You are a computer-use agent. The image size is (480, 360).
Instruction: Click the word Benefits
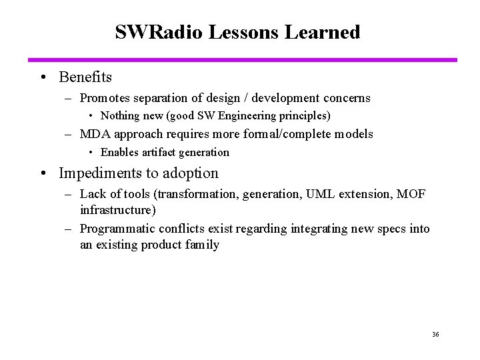coord(85,77)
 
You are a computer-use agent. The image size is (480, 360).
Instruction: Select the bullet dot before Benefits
coord(43,78)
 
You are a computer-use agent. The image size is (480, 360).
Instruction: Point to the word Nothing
coord(121,116)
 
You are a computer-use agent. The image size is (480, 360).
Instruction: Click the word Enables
coord(121,152)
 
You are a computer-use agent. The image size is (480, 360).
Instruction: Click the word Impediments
coord(99,173)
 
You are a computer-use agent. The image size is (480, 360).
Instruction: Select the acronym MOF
coord(411,194)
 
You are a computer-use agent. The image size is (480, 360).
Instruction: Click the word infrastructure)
coord(118,210)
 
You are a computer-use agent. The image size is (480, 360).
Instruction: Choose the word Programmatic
coord(117,229)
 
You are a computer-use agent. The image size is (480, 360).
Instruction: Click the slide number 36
coord(435,334)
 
